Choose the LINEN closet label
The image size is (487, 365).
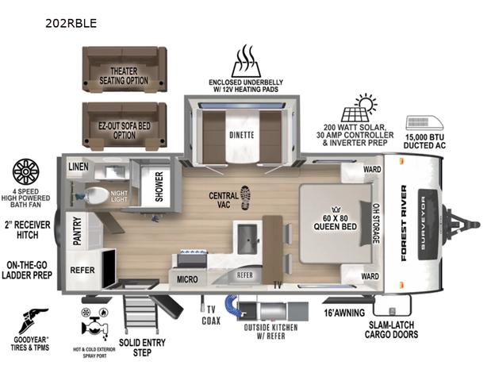(78, 167)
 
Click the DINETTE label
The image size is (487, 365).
(243, 135)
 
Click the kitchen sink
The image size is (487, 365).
(246, 236)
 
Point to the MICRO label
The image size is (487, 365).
(187, 279)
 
